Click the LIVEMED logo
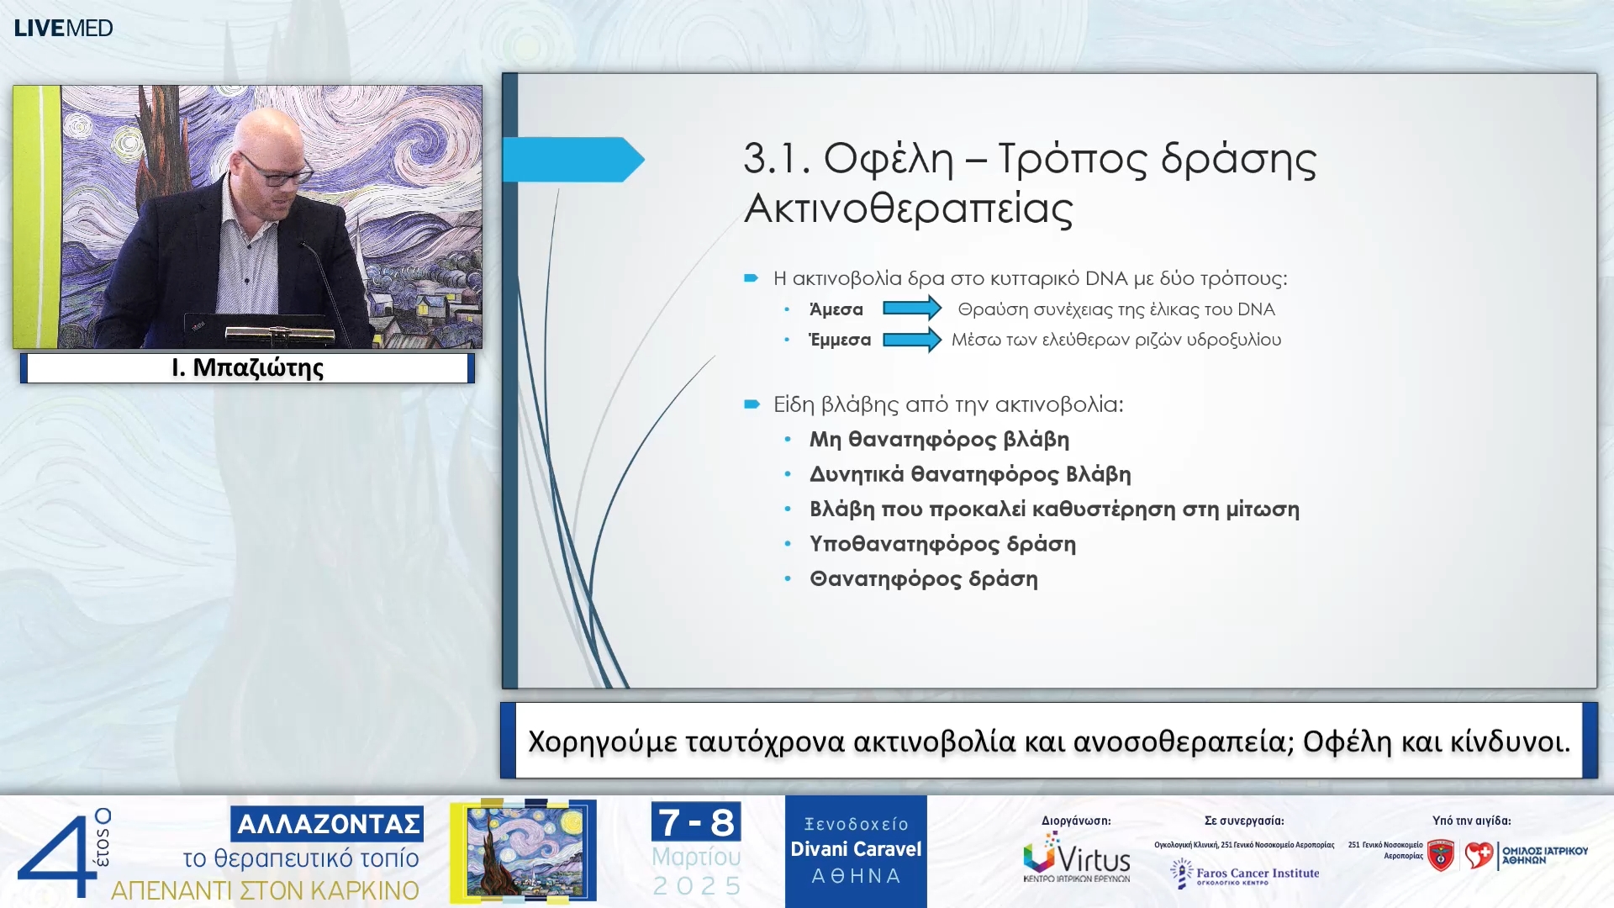point(63,28)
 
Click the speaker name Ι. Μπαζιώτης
point(247,368)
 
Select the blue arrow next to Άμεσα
point(911,309)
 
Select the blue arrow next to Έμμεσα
point(911,340)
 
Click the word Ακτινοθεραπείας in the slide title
point(908,209)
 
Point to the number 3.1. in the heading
point(776,159)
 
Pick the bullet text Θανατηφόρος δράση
point(923,579)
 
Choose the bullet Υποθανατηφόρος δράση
point(941,544)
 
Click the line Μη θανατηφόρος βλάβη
point(938,440)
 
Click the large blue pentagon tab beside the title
point(572,160)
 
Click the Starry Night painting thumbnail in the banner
point(524,850)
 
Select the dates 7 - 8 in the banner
point(695,822)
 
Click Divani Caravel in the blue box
point(855,849)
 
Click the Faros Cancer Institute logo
point(1245,874)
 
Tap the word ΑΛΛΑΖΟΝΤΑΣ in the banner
point(327,824)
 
